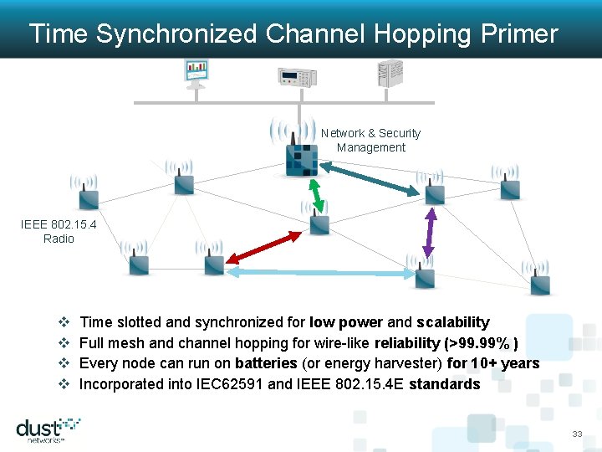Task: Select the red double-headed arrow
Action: pyautogui.click(x=258, y=248)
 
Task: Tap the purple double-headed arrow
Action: pyautogui.click(x=430, y=232)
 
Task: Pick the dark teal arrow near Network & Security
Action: pyautogui.click(x=369, y=177)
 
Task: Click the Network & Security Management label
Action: pyautogui.click(x=370, y=140)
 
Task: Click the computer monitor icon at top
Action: pyautogui.click(x=196, y=73)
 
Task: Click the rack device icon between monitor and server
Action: pyautogui.click(x=298, y=76)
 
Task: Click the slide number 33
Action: pyautogui.click(x=577, y=434)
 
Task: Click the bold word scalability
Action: pyautogui.click(x=452, y=322)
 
